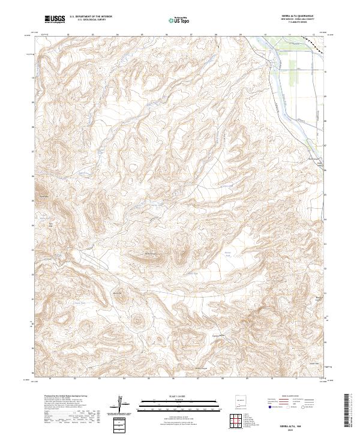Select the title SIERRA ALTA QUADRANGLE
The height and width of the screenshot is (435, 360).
(296, 16)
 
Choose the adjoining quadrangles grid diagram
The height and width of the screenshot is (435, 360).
(240, 422)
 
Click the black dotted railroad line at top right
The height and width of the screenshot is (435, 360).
(313, 41)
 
